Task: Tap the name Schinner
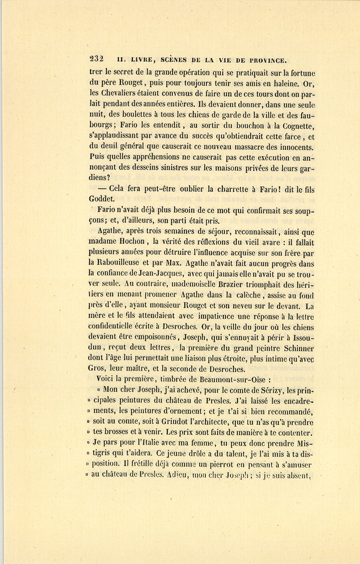point(295,349)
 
